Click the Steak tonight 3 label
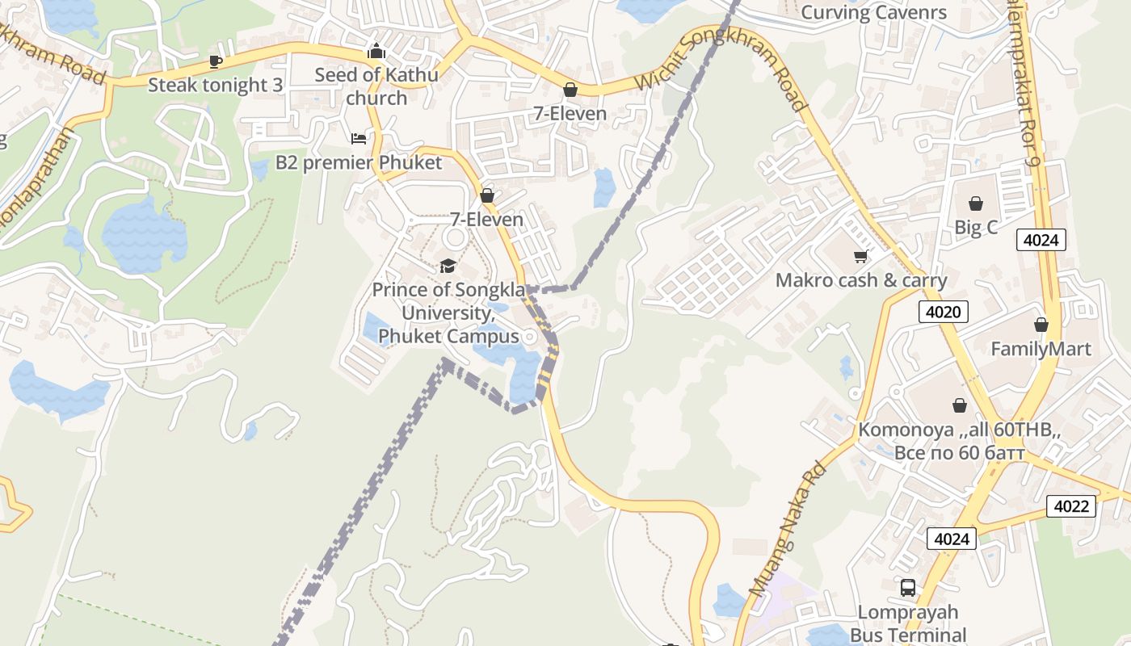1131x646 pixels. point(215,85)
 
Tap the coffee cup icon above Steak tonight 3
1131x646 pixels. point(215,61)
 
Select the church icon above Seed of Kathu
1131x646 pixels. point(376,52)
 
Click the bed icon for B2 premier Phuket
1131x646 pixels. point(359,139)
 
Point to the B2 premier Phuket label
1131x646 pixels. point(359,162)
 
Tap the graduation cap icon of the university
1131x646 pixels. point(448,266)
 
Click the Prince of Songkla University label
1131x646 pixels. point(448,313)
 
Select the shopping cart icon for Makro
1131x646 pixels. point(860,257)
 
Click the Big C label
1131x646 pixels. point(976,228)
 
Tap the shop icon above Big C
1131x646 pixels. point(976,203)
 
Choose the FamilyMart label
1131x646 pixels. point(1041,349)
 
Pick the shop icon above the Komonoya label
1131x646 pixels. point(959,405)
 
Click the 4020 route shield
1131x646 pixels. point(943,312)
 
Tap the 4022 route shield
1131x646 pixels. point(1071,506)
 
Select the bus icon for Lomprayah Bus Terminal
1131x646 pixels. point(908,588)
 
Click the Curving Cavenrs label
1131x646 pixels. point(873,13)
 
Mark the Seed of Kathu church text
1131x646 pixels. point(376,86)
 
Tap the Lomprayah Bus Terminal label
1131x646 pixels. point(908,623)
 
